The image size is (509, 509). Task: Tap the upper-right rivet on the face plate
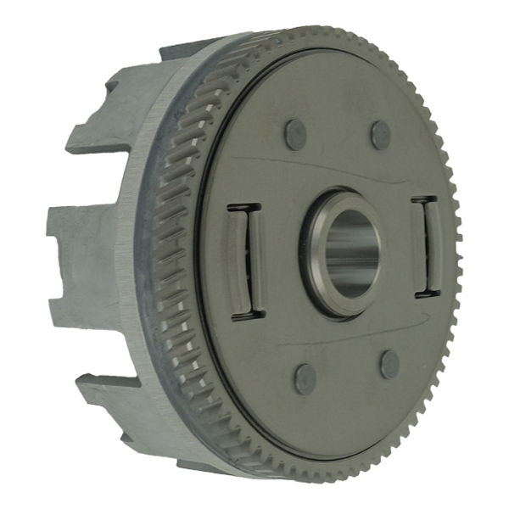pyautogui.click(x=381, y=135)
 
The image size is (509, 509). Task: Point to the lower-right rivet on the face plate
pyautogui.click(x=389, y=365)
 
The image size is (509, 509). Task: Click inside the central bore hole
pyautogui.click(x=350, y=253)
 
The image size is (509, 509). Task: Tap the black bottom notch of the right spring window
pyautogui.click(x=424, y=296)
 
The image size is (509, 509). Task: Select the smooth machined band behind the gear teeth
pyautogui.click(x=140, y=255)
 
